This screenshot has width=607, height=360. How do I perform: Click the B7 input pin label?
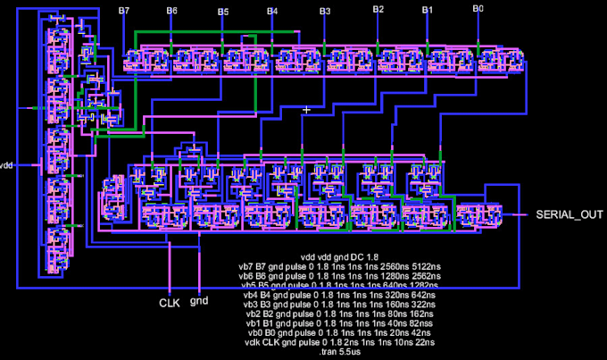click(x=124, y=10)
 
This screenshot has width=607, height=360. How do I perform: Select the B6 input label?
click(x=171, y=10)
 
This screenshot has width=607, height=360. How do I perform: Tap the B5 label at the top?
click(x=223, y=11)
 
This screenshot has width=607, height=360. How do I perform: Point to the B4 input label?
click(x=273, y=11)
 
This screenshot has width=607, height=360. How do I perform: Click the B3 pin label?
click(x=325, y=11)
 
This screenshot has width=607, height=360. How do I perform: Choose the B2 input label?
click(x=378, y=10)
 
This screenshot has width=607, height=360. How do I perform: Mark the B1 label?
click(x=427, y=10)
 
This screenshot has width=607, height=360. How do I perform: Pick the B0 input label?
click(x=478, y=9)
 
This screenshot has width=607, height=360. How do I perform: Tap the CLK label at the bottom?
click(x=170, y=303)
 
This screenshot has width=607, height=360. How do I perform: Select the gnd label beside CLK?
click(x=199, y=303)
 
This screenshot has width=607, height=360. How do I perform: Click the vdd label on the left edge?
click(x=7, y=165)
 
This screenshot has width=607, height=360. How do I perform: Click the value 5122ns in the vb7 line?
click(x=420, y=266)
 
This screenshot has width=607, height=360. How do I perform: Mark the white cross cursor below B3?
click(x=307, y=109)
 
